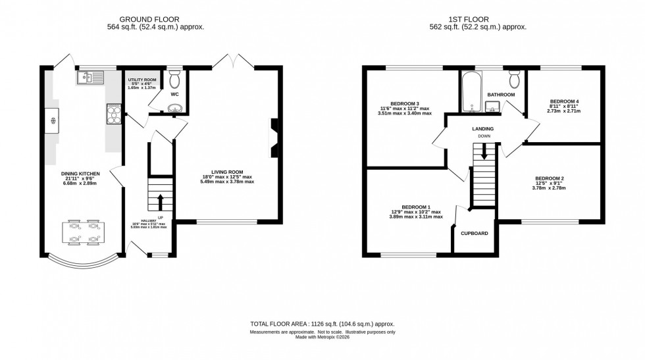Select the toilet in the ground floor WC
(x=174, y=80)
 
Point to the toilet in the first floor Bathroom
(x=514, y=80)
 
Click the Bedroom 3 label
(x=405, y=104)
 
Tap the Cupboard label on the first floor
(x=474, y=232)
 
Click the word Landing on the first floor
(x=483, y=128)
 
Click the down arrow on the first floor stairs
(x=484, y=153)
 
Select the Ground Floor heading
(x=155, y=19)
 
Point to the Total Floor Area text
(x=322, y=324)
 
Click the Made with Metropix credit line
(x=322, y=338)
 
